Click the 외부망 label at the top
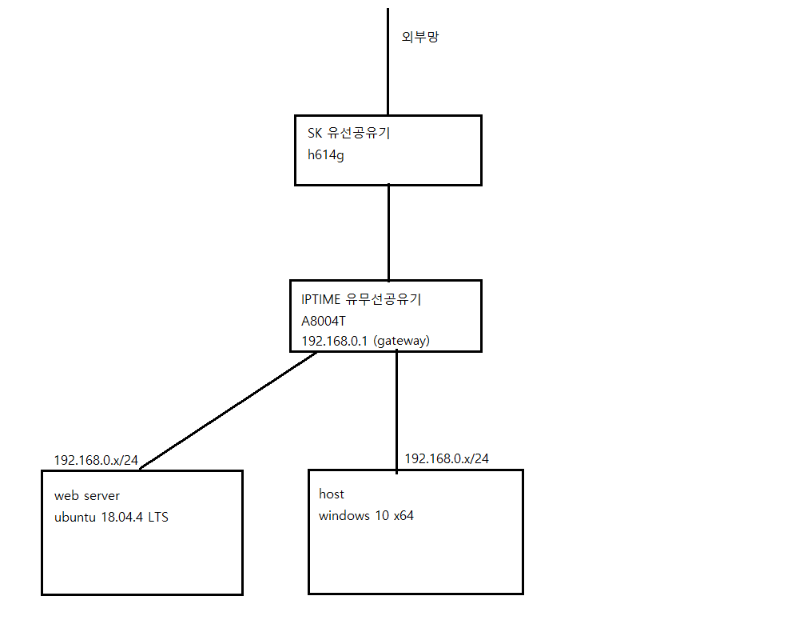(419, 37)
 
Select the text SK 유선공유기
(348, 134)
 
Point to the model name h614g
(327, 155)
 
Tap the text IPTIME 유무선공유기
(361, 300)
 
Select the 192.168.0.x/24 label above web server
(96, 461)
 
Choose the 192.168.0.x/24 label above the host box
(447, 458)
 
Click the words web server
(87, 496)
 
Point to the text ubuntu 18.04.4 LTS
(111, 517)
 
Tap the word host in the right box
(332, 494)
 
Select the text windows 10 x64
(366, 516)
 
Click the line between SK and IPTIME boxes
(388, 232)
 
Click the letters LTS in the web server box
(157, 517)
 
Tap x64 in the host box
(403, 516)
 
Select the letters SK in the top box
(315, 134)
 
